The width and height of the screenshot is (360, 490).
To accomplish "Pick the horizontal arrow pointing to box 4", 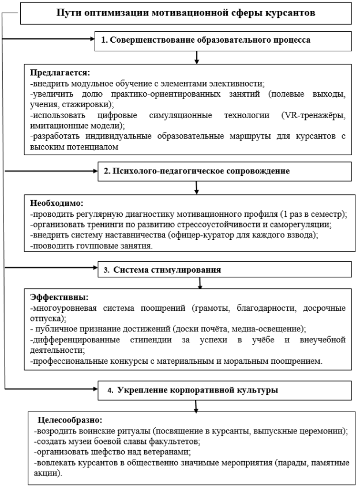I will pos(49,390).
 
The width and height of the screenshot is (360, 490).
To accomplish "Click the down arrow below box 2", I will pos(197,187).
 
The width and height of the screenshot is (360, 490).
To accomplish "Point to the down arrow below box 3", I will pos(200,282).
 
